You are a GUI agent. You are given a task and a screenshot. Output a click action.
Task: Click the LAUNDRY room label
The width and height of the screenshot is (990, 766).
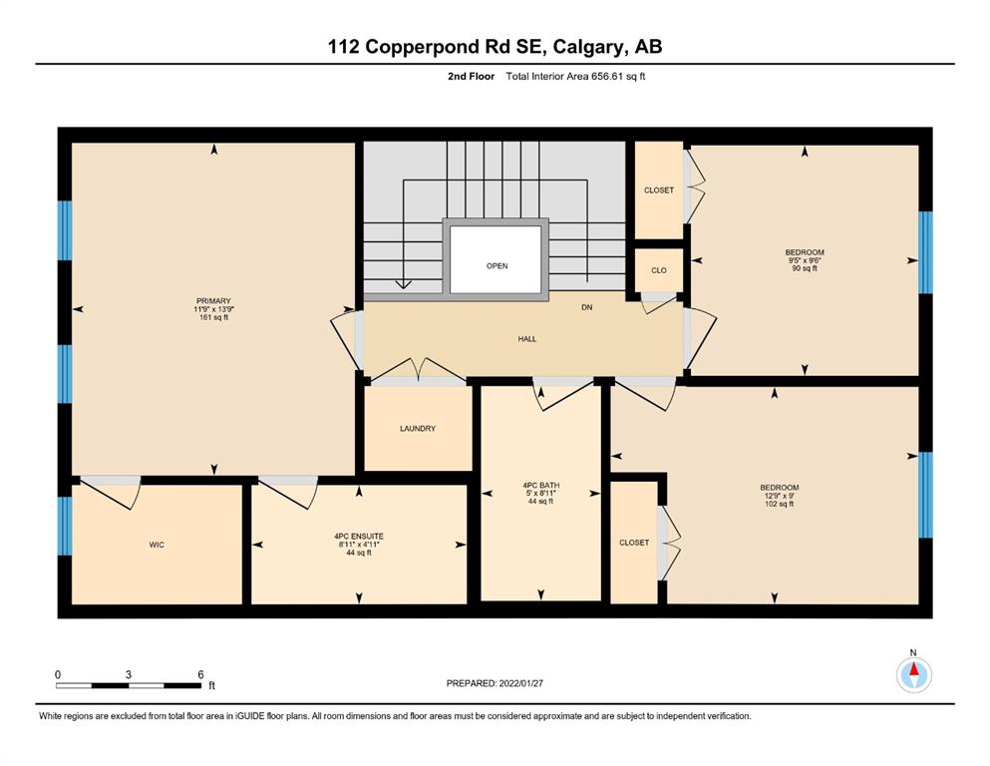418,428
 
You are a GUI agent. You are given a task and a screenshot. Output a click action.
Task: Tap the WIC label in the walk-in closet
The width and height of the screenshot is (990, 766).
157,545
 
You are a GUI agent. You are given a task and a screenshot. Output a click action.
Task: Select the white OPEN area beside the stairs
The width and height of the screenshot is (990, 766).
495,259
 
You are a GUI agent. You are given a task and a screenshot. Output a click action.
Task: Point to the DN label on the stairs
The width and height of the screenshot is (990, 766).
586,307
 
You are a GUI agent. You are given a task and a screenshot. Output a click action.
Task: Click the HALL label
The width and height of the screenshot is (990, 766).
527,339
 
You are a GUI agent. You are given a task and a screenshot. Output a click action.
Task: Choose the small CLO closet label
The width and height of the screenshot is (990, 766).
659,270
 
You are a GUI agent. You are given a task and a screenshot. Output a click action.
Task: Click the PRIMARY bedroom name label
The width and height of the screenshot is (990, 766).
213,301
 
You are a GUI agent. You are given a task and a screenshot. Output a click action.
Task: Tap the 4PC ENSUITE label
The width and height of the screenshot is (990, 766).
359,537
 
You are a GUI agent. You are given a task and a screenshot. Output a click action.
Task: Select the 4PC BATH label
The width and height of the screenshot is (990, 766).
541,486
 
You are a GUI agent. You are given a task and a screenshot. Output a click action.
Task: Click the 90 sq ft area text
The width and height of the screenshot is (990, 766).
805,268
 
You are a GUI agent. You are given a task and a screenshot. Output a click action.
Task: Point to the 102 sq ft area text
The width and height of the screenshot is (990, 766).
779,504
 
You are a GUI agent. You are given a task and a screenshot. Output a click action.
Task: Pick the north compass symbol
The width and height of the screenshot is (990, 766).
913,675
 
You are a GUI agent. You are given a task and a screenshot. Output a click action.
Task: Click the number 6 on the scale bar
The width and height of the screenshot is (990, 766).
200,674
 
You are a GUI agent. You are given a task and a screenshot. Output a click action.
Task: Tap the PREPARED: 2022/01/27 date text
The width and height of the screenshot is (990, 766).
495,683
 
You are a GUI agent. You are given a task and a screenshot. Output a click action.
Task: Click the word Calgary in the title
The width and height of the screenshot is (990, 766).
589,47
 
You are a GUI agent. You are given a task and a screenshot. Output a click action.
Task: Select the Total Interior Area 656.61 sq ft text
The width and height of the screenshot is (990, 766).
575,77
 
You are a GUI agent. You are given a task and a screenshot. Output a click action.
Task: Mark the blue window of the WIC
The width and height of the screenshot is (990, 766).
65,526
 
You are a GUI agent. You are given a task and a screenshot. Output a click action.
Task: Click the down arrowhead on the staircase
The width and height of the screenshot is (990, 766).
404,284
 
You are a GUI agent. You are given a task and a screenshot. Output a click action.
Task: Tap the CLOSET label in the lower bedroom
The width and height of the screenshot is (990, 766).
634,543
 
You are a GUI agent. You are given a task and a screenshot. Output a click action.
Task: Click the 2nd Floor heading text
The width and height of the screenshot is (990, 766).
471,77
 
